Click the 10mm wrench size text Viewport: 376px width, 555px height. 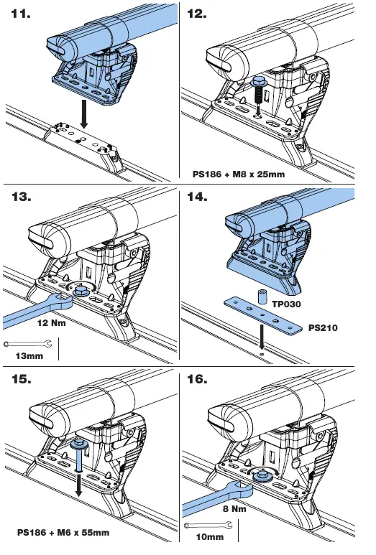pos(209,536)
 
